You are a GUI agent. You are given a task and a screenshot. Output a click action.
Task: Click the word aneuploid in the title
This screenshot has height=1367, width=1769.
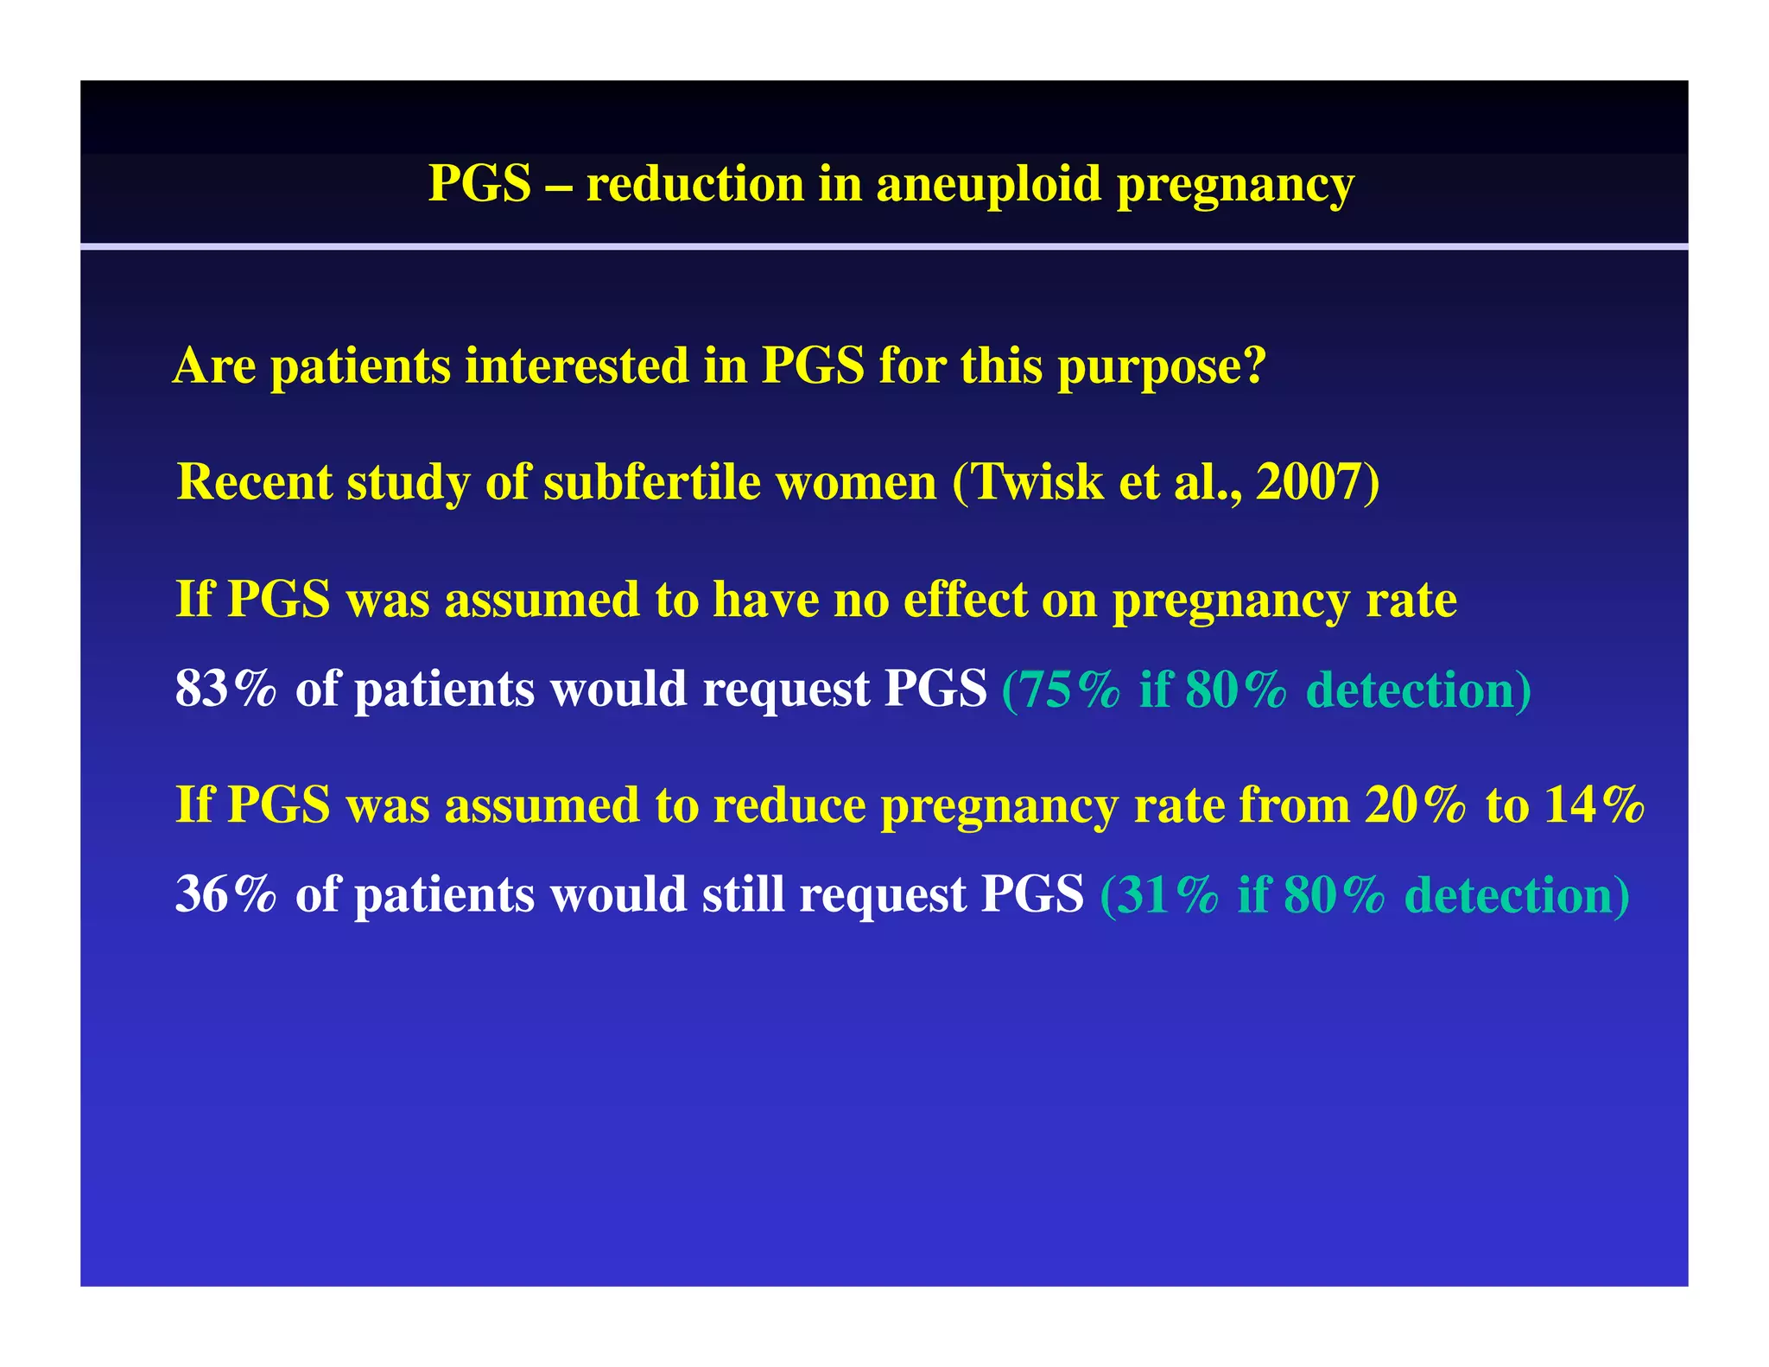tap(989, 186)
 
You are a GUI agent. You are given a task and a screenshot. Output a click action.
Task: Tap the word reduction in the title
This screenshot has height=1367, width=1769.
tap(695, 184)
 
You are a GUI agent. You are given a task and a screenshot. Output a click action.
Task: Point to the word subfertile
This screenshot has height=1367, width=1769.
tap(652, 481)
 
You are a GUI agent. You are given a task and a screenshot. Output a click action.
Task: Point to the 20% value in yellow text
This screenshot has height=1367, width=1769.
tap(1415, 805)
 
